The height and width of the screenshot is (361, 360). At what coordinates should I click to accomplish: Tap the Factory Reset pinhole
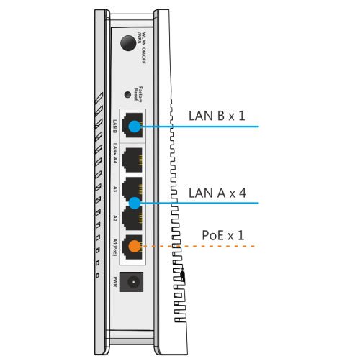(x=128, y=94)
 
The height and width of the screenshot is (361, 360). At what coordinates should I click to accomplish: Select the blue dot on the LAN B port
(x=133, y=127)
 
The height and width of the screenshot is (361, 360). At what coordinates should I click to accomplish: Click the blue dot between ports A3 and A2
(x=133, y=204)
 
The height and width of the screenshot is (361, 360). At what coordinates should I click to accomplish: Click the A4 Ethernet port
(x=133, y=159)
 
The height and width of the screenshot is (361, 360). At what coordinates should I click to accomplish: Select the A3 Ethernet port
(x=133, y=188)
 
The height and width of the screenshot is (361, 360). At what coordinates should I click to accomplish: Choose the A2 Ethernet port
(x=133, y=218)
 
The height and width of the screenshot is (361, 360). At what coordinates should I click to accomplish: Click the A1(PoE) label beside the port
(x=114, y=247)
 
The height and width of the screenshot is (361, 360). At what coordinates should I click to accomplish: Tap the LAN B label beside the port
(x=114, y=127)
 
